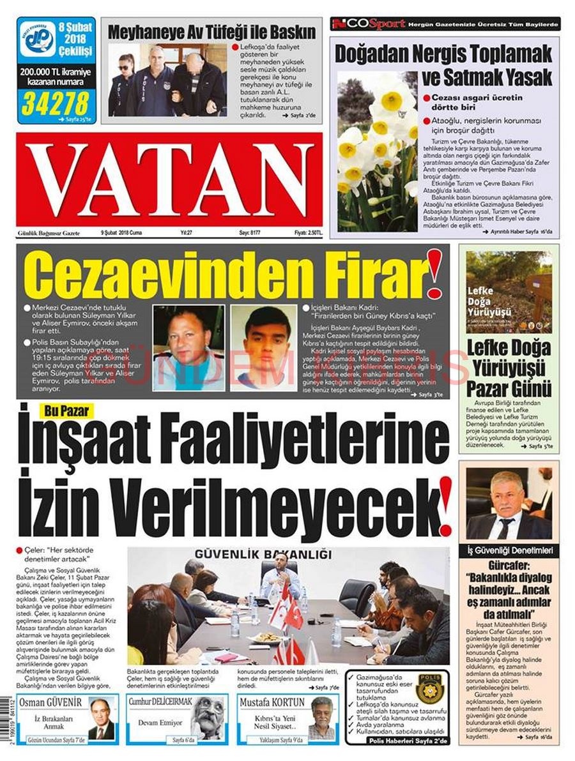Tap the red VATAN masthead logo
(x=169, y=179)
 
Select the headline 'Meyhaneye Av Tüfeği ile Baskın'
(x=211, y=32)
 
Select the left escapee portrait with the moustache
(x=188, y=347)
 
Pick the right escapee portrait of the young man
(x=263, y=347)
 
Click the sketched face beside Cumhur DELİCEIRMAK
(x=208, y=718)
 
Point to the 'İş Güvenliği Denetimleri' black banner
(x=509, y=550)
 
